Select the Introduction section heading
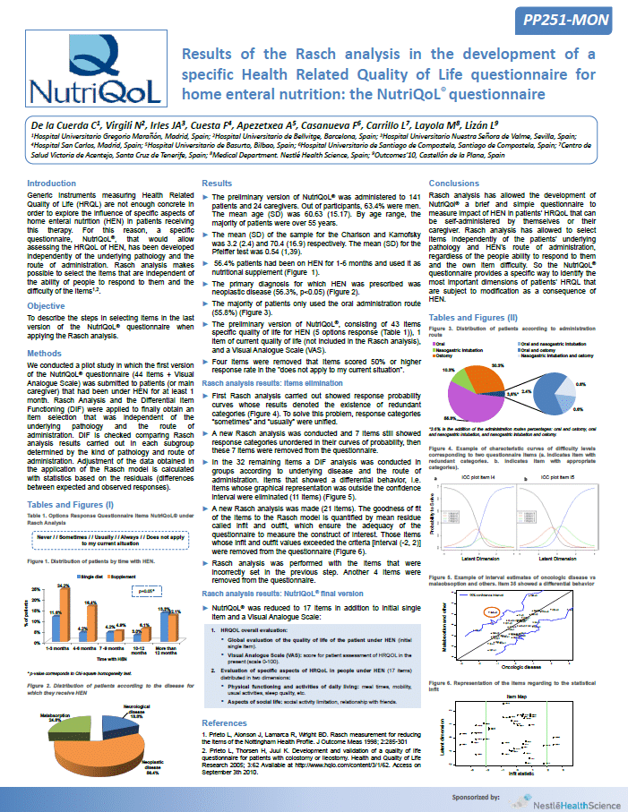(x=52, y=183)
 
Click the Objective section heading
(x=46, y=305)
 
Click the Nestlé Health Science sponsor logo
(x=569, y=800)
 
